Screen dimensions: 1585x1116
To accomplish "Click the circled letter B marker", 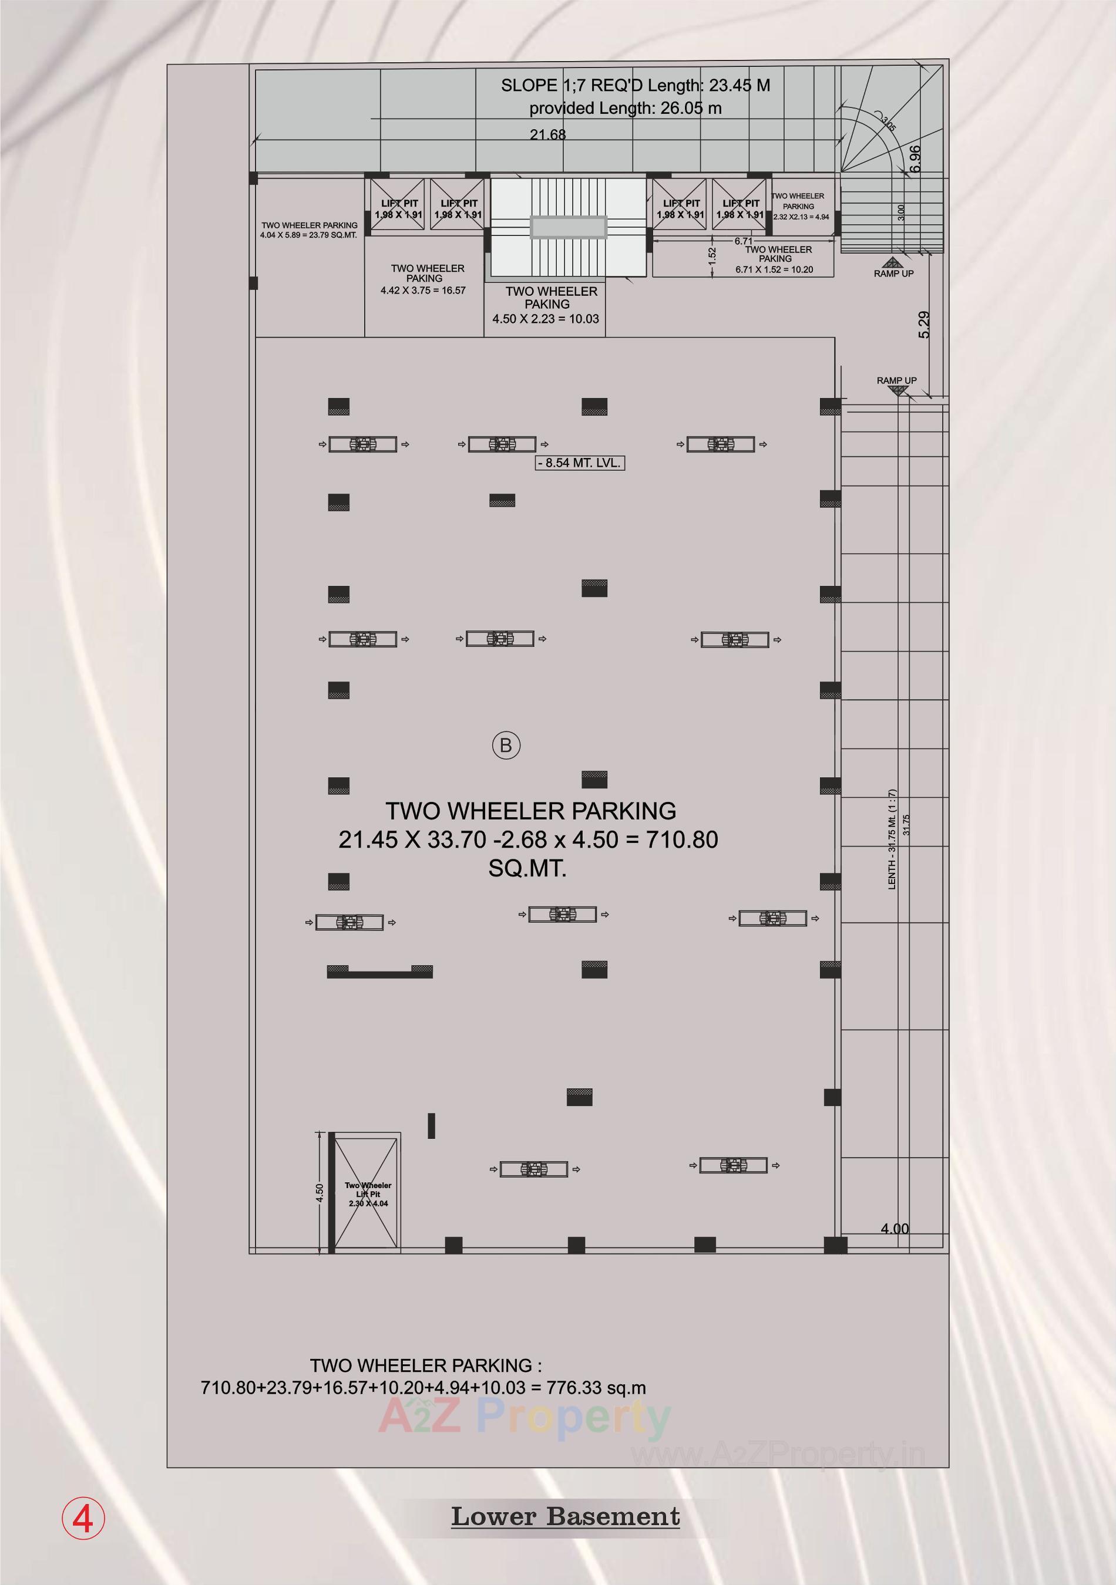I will tap(506, 746).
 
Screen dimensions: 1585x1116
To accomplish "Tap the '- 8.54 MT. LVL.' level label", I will tap(580, 463).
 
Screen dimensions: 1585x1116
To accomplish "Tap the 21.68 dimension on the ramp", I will tap(547, 134).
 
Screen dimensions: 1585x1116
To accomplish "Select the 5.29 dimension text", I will tap(924, 325).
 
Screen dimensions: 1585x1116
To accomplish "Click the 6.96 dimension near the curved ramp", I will tap(915, 158).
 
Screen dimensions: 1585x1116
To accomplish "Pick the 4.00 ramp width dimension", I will tap(895, 1229).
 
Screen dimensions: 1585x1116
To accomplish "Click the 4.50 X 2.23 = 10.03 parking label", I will tap(546, 319).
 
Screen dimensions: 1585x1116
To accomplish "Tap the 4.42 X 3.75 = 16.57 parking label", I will tap(423, 291).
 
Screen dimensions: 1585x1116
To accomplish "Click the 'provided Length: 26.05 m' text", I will tap(625, 109).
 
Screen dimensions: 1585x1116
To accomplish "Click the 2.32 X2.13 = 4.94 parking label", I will tap(801, 217).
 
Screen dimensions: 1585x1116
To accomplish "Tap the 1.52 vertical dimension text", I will tap(712, 254).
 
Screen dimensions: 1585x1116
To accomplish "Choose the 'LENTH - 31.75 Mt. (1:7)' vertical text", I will tap(892, 839).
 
